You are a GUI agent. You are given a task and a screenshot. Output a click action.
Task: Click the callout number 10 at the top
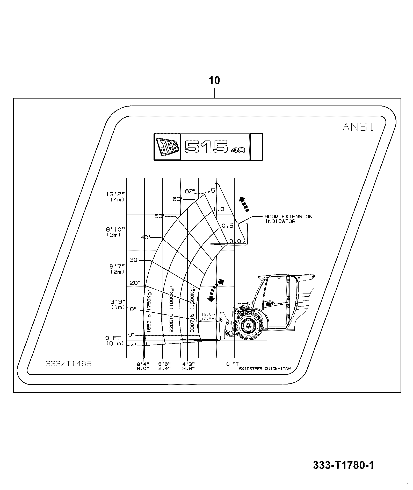click(214, 81)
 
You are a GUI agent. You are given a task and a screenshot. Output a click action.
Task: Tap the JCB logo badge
click(167, 147)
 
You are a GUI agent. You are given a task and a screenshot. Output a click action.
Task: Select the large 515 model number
click(205, 147)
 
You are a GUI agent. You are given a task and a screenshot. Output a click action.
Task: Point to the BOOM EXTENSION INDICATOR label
click(288, 219)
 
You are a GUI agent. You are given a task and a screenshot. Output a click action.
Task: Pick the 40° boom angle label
click(146, 237)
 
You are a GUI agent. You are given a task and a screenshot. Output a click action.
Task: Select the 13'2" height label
click(115, 194)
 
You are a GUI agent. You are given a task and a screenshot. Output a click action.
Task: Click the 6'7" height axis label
click(117, 266)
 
